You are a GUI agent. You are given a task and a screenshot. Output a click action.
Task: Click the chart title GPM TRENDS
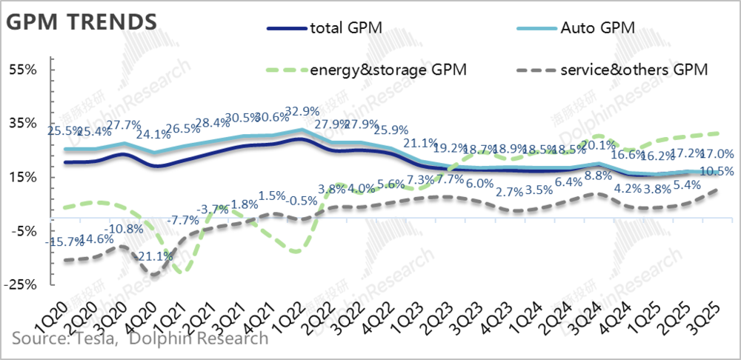(82, 21)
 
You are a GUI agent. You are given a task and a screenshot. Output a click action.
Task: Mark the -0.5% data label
(301, 201)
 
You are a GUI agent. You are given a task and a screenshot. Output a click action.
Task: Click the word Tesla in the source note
(93, 339)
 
